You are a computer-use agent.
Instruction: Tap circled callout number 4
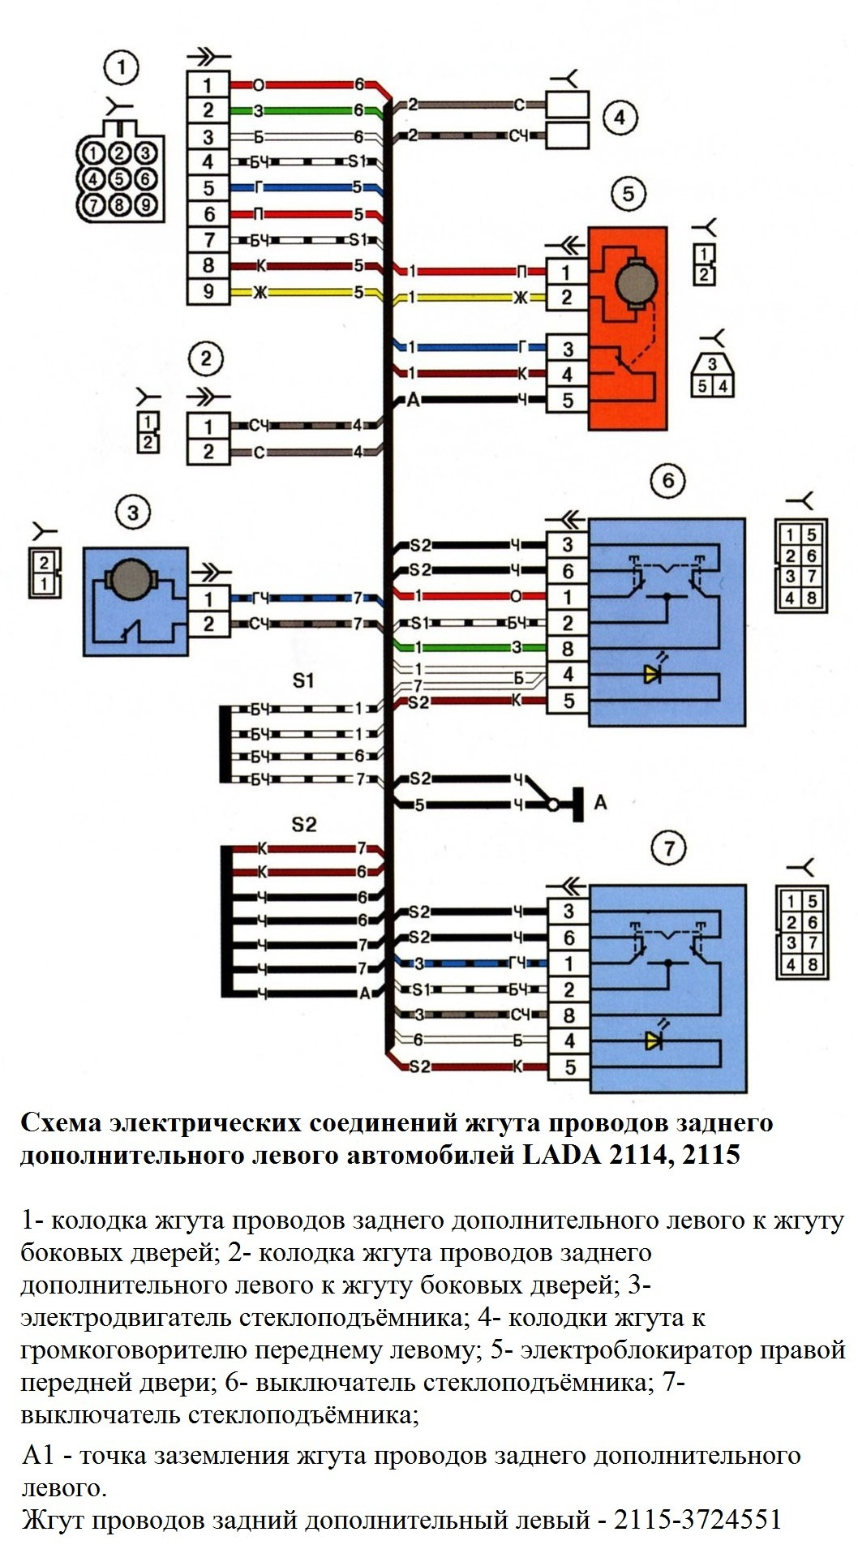pos(619,118)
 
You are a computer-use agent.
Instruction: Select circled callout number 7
pos(668,848)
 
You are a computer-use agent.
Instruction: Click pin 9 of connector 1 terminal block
pos(208,290)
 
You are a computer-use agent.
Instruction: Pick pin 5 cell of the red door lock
pos(567,400)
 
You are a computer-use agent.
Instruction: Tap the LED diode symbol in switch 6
pos(652,673)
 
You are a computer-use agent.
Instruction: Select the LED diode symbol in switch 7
pos(652,1040)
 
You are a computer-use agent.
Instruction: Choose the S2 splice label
pos(303,825)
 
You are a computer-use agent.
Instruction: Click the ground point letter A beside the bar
pos(600,802)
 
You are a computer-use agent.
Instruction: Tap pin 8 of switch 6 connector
pos(567,648)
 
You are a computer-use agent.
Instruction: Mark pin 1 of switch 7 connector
pos(568,963)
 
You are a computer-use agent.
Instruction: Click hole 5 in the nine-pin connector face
pos(119,178)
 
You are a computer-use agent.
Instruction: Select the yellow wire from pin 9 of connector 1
pos(308,294)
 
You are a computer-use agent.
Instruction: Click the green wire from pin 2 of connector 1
pos(308,110)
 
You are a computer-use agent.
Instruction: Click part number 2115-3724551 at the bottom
pos(697,1519)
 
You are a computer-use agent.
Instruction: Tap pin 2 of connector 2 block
pos(208,452)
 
